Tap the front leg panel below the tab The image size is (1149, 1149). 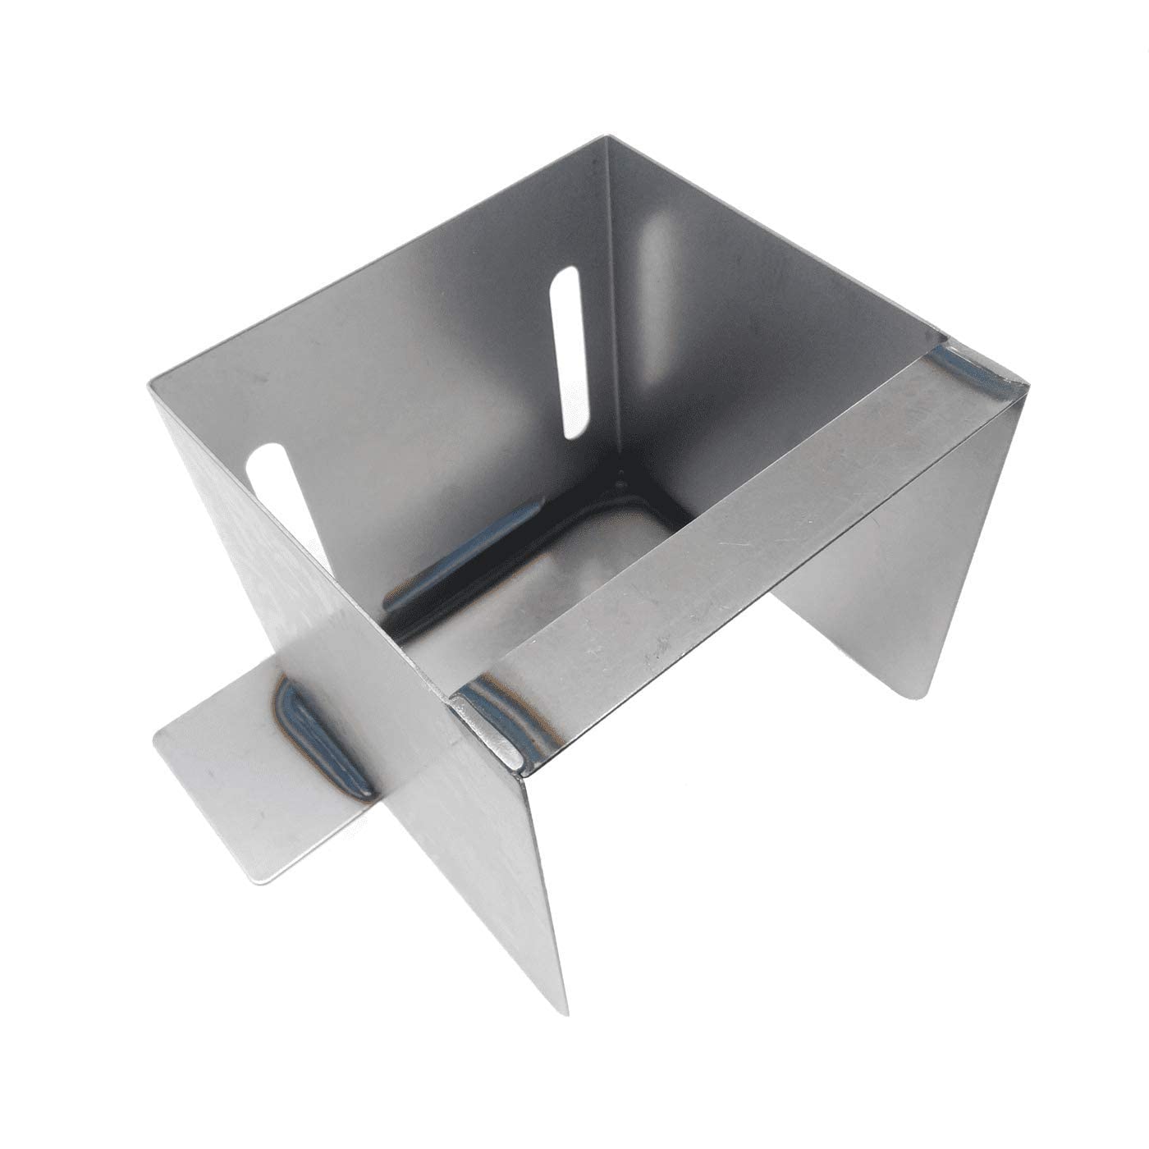coord(492,862)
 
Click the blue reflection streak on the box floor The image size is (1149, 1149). coord(460,558)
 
